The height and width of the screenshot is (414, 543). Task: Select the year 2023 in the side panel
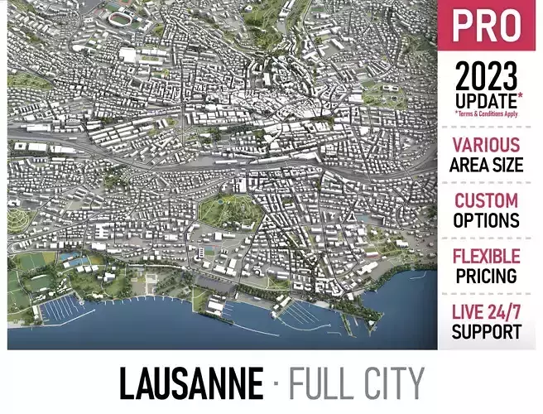[487, 78]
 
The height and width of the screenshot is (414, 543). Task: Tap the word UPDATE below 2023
[483, 99]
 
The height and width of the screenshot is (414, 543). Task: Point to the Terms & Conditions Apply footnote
[487, 113]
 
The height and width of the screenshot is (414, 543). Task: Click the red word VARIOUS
[487, 146]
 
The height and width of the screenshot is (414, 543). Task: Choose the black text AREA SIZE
[487, 165]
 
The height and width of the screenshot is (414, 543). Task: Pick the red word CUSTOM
[487, 201]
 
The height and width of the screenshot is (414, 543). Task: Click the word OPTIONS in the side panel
[487, 220]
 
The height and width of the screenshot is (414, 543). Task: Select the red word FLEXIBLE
[487, 256]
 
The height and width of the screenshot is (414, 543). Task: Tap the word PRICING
[487, 275]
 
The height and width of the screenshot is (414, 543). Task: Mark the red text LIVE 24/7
[487, 312]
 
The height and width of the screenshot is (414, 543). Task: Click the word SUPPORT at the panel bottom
[487, 331]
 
